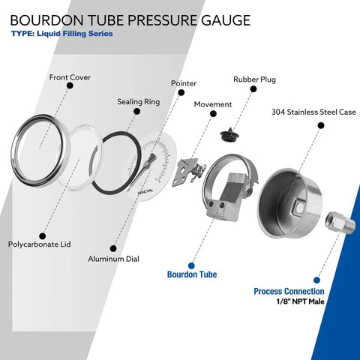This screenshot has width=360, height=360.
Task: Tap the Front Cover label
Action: [70, 76]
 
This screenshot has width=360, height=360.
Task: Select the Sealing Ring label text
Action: [138, 101]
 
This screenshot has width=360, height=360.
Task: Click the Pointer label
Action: [184, 83]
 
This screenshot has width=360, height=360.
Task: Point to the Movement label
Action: [213, 104]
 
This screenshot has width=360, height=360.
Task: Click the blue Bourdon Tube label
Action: [191, 274]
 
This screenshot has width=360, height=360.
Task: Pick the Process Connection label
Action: [289, 291]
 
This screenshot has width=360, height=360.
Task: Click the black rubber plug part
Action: [229, 134]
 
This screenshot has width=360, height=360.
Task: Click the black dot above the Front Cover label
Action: [70, 87]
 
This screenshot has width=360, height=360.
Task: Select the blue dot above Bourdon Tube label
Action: [191, 264]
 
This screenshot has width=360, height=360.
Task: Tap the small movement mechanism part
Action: [190, 170]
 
